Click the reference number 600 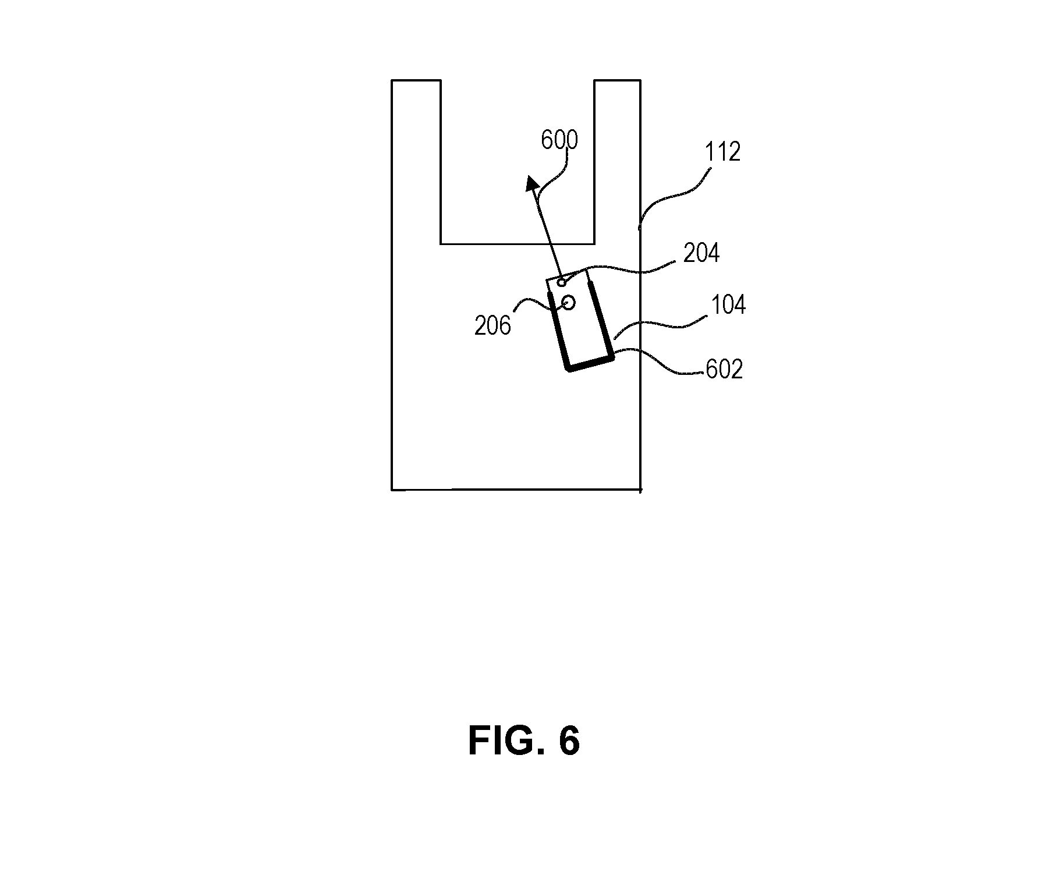(x=559, y=140)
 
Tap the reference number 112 (x=722, y=151)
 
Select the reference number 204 (x=701, y=253)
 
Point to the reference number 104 (x=728, y=305)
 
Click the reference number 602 (x=724, y=369)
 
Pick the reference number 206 (x=492, y=325)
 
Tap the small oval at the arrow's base (x=562, y=283)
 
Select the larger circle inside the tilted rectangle (x=569, y=303)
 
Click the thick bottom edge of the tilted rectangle (x=590, y=365)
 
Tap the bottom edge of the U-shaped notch (x=517, y=243)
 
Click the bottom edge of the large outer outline (x=516, y=490)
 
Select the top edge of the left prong (x=416, y=80)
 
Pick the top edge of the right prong (x=617, y=80)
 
